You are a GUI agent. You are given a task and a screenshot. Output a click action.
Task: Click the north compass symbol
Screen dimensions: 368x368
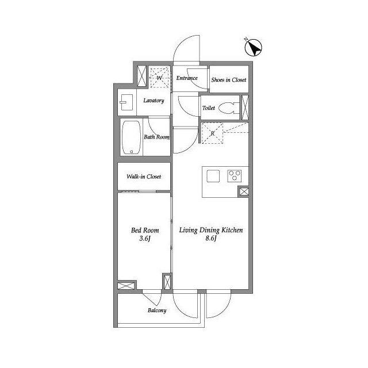click(253, 48)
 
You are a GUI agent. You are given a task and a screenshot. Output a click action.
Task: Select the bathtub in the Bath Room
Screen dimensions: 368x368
click(132, 137)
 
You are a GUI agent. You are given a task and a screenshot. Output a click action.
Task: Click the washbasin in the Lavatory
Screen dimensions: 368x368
click(126, 102)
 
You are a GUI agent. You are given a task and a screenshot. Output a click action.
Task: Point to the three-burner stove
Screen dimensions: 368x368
click(234, 176)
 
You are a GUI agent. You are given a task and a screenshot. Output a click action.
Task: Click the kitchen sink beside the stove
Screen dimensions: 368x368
click(213, 176)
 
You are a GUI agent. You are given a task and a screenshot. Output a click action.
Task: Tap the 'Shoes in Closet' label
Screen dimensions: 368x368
click(229, 80)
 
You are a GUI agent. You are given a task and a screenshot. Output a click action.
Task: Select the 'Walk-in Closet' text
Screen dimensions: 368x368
click(144, 177)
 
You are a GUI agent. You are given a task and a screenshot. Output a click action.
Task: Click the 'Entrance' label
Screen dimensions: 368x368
click(187, 78)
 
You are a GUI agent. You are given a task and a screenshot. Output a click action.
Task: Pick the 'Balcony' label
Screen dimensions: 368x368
click(157, 310)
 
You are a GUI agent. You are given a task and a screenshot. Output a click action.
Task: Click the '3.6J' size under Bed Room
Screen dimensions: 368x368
click(145, 239)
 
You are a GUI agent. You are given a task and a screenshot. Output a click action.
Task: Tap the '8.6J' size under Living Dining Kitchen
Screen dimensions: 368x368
click(211, 238)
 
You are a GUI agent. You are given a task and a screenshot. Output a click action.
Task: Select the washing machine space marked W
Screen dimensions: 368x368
click(159, 77)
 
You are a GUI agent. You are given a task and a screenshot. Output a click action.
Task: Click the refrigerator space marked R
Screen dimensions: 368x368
click(212, 133)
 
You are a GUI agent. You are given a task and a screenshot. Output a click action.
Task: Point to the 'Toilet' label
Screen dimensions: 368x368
click(209, 108)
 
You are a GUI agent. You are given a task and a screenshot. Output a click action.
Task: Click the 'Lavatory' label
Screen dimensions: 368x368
click(154, 101)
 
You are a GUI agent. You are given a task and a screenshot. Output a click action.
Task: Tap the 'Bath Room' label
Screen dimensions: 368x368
click(156, 137)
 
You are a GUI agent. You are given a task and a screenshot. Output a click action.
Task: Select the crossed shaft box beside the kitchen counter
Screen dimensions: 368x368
click(244, 191)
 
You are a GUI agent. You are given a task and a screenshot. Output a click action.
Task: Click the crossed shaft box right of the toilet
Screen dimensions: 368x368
click(245, 108)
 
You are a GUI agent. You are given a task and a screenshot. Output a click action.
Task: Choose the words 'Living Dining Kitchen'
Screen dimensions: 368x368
click(211, 230)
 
